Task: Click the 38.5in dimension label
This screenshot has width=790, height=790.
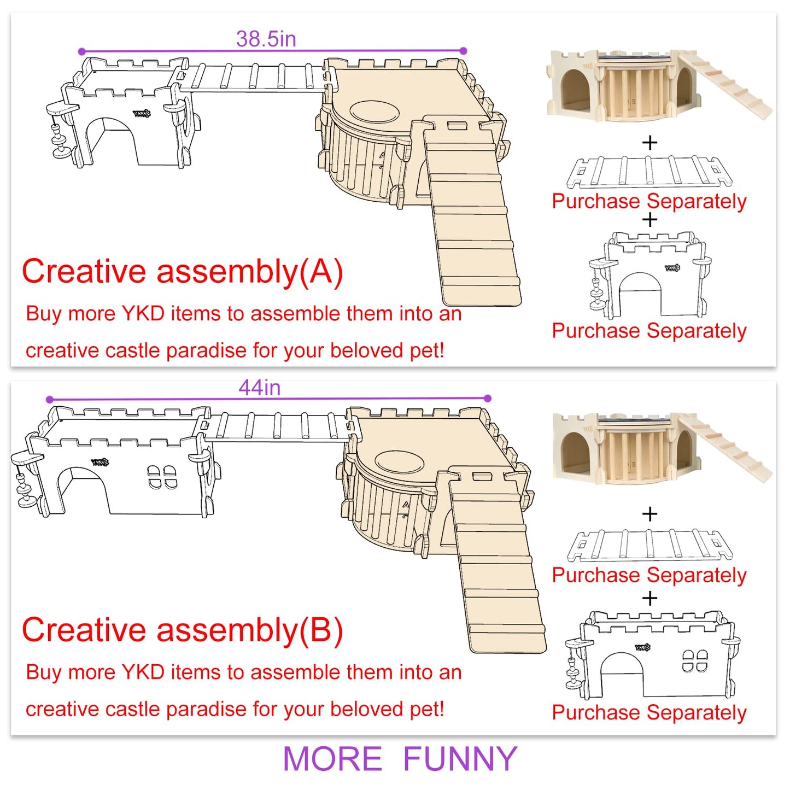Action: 266,39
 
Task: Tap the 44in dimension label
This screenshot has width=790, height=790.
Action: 260,388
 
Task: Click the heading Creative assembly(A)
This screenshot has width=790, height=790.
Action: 182,272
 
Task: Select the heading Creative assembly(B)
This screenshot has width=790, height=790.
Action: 182,630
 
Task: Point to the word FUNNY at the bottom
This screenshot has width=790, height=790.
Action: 460,759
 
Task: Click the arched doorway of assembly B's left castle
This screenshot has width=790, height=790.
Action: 84,490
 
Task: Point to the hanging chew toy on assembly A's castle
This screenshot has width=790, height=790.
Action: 61,132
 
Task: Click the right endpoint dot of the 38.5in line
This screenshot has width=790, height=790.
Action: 463,51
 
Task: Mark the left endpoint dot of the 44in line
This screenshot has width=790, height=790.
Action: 50,399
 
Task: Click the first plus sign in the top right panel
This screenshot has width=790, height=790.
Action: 649,143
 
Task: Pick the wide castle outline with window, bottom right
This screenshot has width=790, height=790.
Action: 652,655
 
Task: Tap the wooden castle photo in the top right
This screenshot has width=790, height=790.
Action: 660,85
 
